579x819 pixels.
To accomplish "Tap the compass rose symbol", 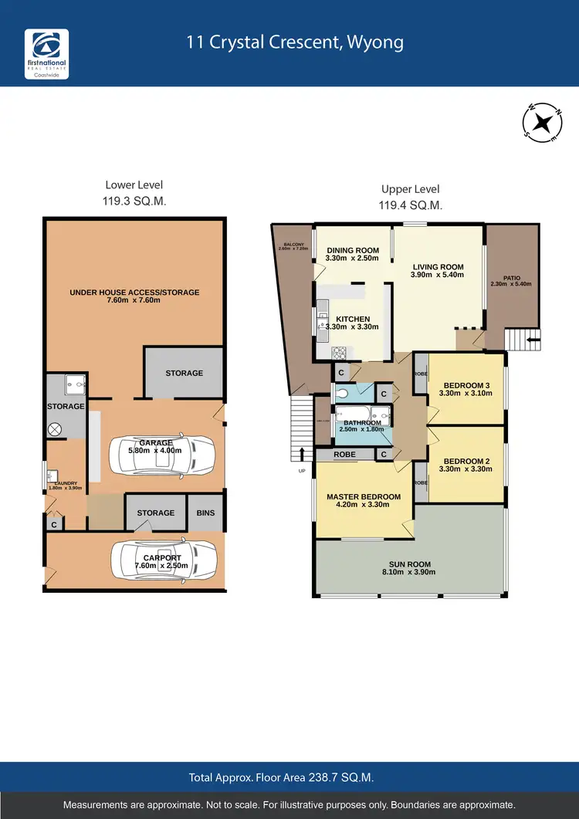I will (543, 121).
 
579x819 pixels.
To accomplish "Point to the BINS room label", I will (206, 513).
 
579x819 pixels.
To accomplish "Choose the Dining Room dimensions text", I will (353, 259).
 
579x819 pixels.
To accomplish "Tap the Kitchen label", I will (353, 319).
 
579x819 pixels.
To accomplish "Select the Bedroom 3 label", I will (467, 385).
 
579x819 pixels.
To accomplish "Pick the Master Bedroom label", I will (363, 496).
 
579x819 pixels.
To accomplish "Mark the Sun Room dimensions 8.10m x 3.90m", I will (410, 572).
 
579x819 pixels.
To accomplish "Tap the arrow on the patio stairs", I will (532, 336).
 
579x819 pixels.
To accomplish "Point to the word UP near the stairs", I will (302, 470).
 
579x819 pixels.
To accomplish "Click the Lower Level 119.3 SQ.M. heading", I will (134, 192).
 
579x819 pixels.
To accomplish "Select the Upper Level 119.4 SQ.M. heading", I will (411, 197).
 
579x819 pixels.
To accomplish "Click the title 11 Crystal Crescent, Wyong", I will (295, 42).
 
